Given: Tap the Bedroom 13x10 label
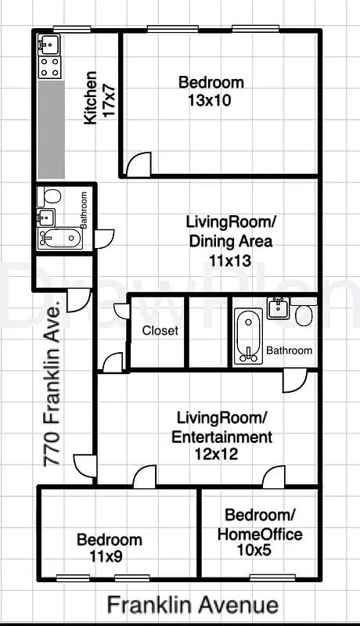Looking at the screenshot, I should pos(211,91).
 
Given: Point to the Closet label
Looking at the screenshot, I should pos(160,331).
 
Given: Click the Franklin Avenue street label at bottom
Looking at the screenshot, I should pos(193,605).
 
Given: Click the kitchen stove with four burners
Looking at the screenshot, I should pos(50,67).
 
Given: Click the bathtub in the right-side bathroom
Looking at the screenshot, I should pos(247,336).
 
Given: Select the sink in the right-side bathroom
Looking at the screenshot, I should pos(277,308).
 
